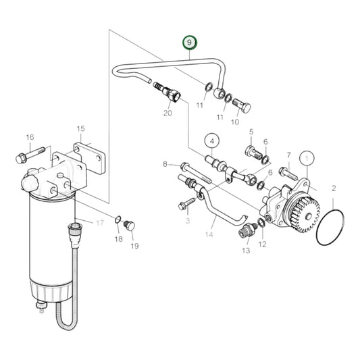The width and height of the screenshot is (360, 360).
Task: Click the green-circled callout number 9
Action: point(190,43)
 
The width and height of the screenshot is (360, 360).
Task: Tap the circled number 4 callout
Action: point(211,141)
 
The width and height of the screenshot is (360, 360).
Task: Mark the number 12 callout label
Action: point(262,244)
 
